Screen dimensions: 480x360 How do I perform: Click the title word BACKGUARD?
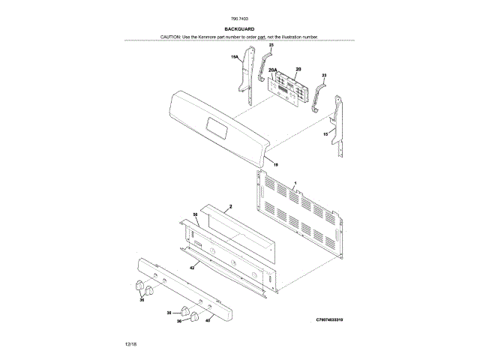(x=239, y=28)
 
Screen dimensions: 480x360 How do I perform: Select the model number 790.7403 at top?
(x=240, y=18)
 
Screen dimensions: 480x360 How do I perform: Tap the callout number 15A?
(x=234, y=57)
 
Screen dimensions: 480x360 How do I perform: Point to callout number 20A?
(x=274, y=70)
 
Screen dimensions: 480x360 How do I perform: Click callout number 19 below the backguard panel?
(x=275, y=164)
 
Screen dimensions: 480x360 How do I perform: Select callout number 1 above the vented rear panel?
(x=295, y=183)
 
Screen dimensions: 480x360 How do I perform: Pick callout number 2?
(x=231, y=205)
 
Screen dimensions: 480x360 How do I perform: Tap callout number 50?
(x=196, y=214)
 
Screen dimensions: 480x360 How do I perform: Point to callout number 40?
(x=208, y=319)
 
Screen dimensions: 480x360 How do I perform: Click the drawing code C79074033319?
(x=330, y=320)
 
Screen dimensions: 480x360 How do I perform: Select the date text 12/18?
(x=130, y=343)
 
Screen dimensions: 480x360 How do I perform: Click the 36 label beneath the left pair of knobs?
(x=141, y=298)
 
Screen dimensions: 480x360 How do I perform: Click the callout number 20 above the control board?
(x=298, y=68)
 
